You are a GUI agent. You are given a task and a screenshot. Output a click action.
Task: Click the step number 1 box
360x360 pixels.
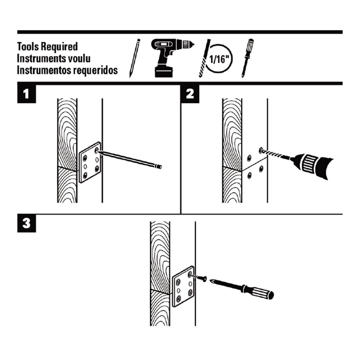[x=27, y=94]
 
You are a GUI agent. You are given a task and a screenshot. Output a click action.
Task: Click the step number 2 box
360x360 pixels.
[x=190, y=94]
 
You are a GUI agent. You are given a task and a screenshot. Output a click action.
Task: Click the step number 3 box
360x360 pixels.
[x=27, y=223]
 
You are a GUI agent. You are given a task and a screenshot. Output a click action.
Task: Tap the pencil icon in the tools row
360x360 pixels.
[x=134, y=58]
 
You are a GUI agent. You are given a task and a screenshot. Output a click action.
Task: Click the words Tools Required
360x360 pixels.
[x=47, y=46]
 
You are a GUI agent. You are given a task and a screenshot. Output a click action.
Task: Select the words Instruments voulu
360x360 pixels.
[x=54, y=58]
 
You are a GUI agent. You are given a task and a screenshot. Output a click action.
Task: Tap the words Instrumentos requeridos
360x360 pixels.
[x=67, y=71]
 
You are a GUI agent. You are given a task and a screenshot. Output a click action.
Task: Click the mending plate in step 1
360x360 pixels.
[x=90, y=163]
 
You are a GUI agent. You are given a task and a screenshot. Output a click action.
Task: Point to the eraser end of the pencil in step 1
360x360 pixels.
[x=160, y=167]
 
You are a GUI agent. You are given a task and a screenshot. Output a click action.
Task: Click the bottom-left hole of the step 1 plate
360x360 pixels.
[x=85, y=175]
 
